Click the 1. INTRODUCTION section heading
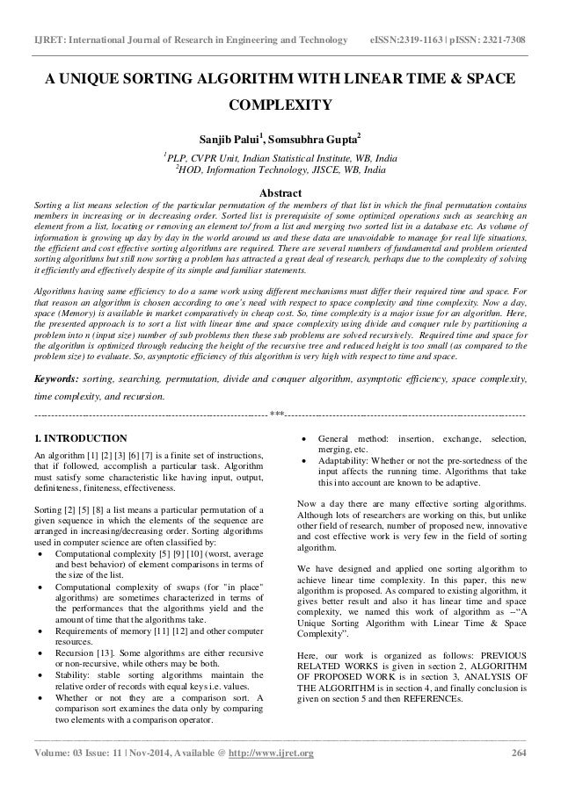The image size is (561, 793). pos(79,437)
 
